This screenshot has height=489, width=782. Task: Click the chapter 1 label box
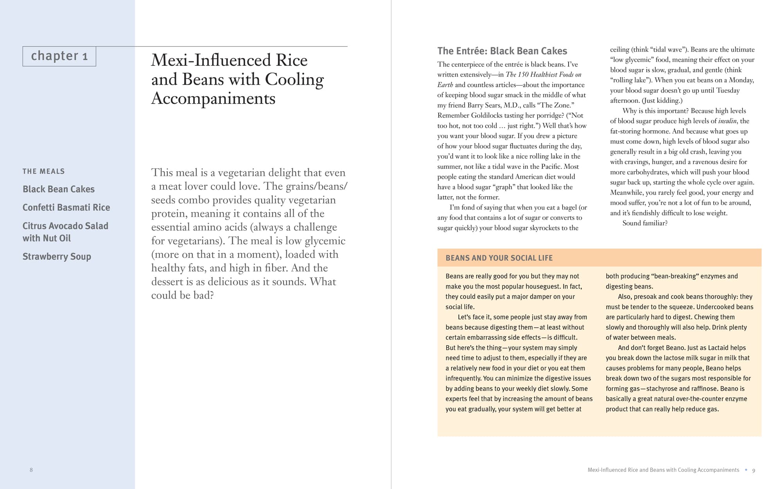coord(59,56)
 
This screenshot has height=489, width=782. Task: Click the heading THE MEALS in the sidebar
coord(43,171)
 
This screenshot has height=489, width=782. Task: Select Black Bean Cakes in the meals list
coord(59,189)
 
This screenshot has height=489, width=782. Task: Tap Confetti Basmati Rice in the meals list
coord(66,208)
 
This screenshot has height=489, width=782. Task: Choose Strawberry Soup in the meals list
coord(57,257)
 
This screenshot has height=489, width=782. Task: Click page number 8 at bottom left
coord(31,470)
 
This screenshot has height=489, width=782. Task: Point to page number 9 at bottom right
coord(753,470)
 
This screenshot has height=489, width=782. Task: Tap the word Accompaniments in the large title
coord(213,99)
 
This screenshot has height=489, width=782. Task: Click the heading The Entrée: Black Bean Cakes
coord(502,51)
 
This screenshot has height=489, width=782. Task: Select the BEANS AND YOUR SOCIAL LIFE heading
coord(499,258)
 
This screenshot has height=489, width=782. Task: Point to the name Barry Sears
coord(485,105)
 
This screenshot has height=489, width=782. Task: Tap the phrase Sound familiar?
coord(645,223)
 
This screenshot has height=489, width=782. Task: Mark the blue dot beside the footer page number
coord(746,470)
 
